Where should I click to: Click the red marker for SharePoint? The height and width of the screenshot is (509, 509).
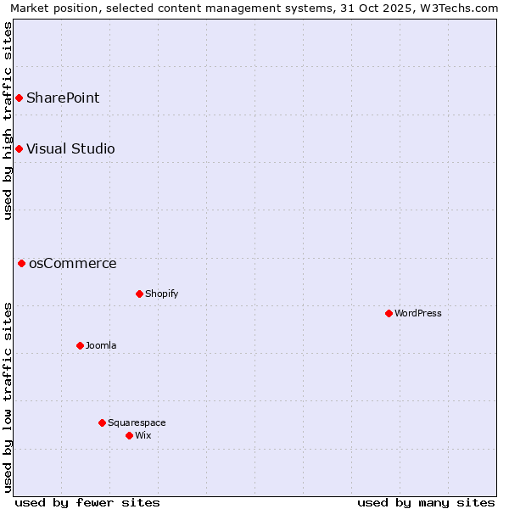(x=19, y=98)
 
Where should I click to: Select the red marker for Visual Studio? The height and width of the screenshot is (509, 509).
(x=19, y=149)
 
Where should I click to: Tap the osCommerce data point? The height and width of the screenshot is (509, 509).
(x=22, y=264)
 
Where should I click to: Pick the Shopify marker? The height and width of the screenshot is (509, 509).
(x=139, y=294)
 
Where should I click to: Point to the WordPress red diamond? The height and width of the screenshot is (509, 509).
(x=389, y=314)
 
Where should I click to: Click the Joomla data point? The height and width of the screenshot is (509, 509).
(x=80, y=346)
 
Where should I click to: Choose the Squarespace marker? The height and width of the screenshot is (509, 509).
(x=102, y=423)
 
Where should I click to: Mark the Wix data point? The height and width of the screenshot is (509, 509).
(x=129, y=436)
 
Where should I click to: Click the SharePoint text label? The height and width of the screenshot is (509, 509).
(x=63, y=98)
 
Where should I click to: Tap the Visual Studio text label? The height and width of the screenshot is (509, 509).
(x=70, y=149)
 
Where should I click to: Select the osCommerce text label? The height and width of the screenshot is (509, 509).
(x=73, y=264)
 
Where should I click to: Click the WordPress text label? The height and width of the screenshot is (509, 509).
(x=418, y=314)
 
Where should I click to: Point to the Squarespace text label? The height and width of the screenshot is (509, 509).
(x=137, y=423)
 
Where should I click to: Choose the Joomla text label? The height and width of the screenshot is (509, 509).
(x=101, y=346)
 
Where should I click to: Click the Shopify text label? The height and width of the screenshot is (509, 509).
(x=161, y=294)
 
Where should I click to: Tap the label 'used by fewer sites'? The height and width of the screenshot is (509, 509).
(x=87, y=502)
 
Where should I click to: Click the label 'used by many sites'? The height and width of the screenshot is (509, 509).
(x=426, y=502)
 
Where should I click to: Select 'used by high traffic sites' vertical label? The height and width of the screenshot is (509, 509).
(x=8, y=120)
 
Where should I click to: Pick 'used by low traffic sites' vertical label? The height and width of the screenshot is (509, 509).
(x=8, y=397)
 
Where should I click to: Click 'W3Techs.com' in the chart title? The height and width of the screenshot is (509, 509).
(x=458, y=8)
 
